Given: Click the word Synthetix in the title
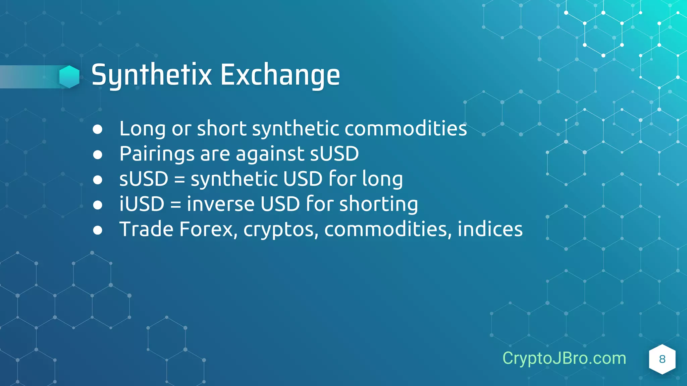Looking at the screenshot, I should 152,75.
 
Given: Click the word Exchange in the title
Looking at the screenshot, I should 280,75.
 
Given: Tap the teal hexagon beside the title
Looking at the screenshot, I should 69,77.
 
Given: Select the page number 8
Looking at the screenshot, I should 662,359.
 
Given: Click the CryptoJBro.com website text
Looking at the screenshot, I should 564,358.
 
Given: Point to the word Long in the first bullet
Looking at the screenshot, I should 143,129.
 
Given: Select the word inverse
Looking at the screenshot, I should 221,204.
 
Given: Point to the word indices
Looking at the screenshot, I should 490,229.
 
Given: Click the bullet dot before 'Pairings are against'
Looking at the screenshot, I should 98,155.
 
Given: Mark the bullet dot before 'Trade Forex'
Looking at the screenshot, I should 98,230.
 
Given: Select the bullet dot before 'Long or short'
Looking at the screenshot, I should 98,129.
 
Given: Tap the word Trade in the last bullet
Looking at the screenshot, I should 147,229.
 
